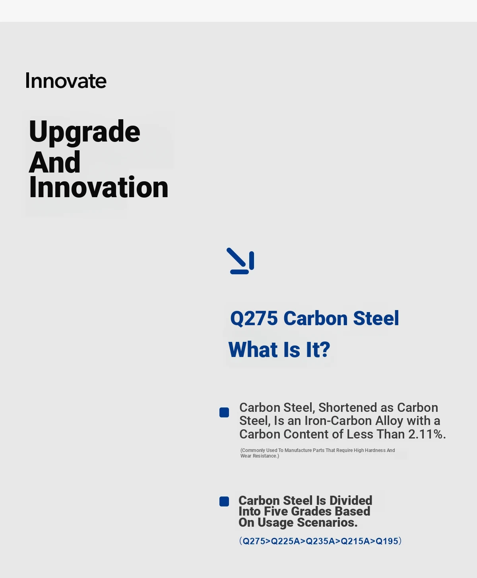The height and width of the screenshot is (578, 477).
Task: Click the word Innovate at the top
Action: tap(66, 81)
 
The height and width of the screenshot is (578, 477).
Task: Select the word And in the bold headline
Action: tap(54, 162)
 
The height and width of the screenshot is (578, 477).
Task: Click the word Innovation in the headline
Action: tap(99, 187)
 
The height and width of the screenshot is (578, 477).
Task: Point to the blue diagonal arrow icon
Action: tap(240, 261)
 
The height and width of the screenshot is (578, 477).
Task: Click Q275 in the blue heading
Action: tap(254, 318)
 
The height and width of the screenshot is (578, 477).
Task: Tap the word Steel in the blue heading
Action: tap(376, 318)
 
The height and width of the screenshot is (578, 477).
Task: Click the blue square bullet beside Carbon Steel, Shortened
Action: tap(224, 412)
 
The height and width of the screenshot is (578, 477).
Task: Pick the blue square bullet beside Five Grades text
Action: tap(224, 501)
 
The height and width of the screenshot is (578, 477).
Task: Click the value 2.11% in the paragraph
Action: tap(427, 434)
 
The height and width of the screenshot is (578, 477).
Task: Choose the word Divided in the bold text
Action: tap(351, 500)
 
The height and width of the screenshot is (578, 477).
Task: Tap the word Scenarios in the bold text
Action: tap(327, 523)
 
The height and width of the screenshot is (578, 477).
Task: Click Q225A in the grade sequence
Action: tap(285, 541)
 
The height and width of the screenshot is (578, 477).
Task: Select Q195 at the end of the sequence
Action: tap(387, 541)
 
